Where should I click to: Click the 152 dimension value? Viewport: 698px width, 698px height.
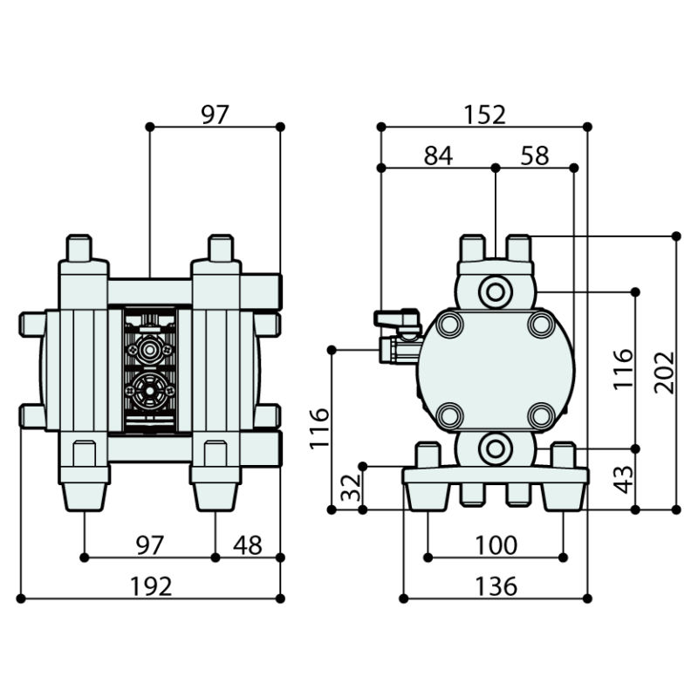pos(485,114)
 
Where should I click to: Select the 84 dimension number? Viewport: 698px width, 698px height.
pos(438,155)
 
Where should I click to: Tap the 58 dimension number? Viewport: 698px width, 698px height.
pos(534,155)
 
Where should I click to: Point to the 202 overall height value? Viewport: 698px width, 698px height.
pos(665,373)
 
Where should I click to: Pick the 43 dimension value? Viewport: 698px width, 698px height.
pos(623,478)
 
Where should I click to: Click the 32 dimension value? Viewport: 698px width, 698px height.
pos(350,488)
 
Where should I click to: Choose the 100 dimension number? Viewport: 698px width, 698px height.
pos(496,545)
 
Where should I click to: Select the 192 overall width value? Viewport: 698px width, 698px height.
pos(151,586)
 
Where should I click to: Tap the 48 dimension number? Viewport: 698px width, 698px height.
pos(248,545)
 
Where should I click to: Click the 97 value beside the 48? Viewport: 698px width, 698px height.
pos(150,545)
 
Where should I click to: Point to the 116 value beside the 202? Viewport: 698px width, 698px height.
pos(623,370)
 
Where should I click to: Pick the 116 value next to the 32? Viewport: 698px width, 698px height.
pos(320,428)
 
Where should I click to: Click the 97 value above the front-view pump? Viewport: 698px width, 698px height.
pos(215,114)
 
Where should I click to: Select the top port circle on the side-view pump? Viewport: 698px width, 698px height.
pos(495,291)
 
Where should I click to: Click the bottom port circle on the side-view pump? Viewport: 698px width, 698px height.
pos(495,448)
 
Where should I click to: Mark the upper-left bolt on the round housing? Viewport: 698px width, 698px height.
pos(450,325)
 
